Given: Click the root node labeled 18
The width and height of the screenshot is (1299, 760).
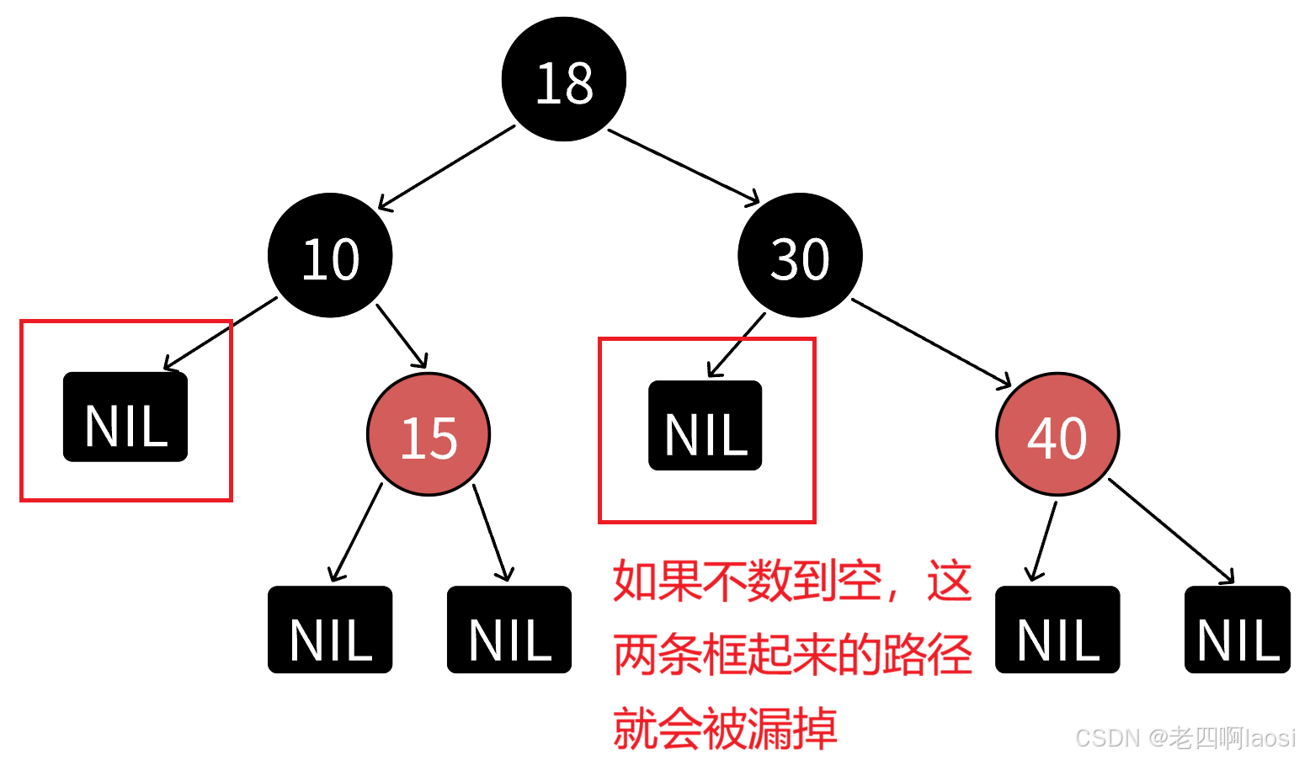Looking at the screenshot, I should pyautogui.click(x=564, y=80).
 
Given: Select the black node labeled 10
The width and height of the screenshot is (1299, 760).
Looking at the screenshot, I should pyautogui.click(x=331, y=256).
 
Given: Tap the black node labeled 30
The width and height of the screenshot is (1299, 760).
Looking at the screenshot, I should pyautogui.click(x=800, y=256).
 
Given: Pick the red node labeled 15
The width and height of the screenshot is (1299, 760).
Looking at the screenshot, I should pyautogui.click(x=429, y=435).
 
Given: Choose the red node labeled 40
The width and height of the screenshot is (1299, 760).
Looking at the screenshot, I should pyautogui.click(x=1058, y=435).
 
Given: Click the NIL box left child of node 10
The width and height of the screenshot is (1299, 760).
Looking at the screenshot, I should pyautogui.click(x=125, y=417).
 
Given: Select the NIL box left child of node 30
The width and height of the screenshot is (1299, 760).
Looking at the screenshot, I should pyautogui.click(x=705, y=426).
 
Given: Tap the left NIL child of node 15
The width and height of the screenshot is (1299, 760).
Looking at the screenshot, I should pyautogui.click(x=331, y=630).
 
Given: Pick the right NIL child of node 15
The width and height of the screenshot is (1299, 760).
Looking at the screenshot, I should pyautogui.click(x=509, y=630).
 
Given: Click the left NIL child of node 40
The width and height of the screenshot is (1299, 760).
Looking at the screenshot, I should pyautogui.click(x=1058, y=630).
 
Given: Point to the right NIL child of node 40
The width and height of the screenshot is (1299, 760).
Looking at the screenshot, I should pyautogui.click(x=1238, y=630).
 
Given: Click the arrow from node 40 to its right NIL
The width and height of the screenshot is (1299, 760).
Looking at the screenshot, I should pyautogui.click(x=1172, y=530).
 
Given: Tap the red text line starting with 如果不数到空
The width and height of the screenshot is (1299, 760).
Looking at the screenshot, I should pyautogui.click(x=792, y=581).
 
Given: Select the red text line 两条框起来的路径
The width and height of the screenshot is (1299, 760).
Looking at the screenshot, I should pyautogui.click(x=792, y=654).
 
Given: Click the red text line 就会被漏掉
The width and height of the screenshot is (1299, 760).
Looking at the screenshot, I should pyautogui.click(x=725, y=727).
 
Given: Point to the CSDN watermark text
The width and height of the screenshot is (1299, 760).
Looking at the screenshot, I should pyautogui.click(x=1184, y=737).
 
